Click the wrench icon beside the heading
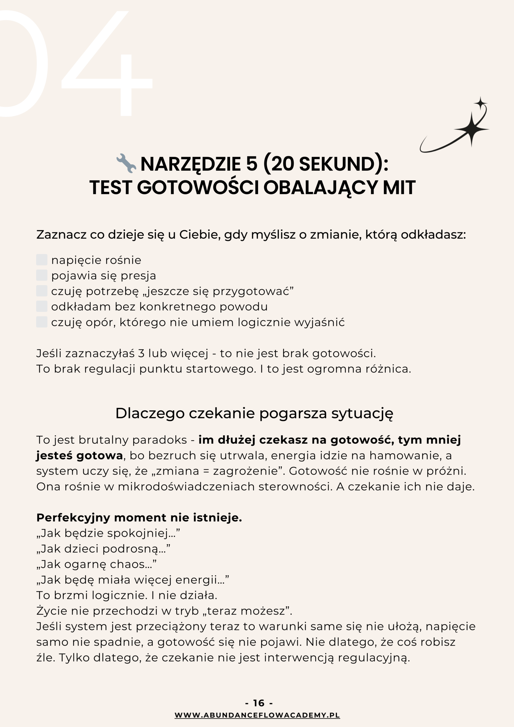(x=126, y=163)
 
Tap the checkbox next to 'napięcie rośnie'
(x=42, y=260)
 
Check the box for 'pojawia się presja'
(x=42, y=275)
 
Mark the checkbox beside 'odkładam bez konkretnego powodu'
(x=42, y=306)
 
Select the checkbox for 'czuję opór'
(x=42, y=322)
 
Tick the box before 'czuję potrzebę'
(x=42, y=291)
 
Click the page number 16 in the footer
(x=259, y=703)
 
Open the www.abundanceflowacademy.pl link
(x=257, y=715)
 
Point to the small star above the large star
(x=480, y=103)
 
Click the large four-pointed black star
(x=471, y=129)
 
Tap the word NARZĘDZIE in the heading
(x=190, y=164)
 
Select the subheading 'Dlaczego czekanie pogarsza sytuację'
(x=254, y=413)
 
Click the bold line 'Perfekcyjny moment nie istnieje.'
(x=139, y=517)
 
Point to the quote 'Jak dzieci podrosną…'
(x=103, y=548)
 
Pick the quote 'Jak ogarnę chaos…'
(x=96, y=564)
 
